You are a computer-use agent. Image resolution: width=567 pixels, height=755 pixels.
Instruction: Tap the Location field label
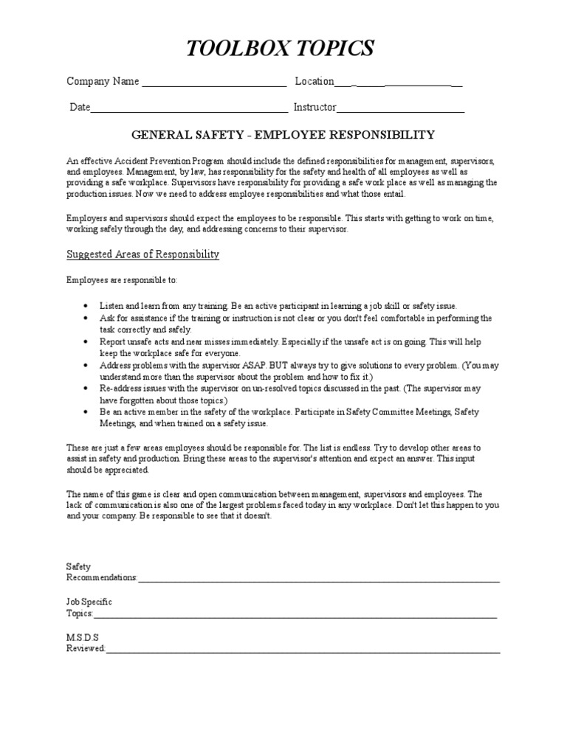point(315,82)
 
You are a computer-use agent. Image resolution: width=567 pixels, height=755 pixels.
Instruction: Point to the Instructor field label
point(315,108)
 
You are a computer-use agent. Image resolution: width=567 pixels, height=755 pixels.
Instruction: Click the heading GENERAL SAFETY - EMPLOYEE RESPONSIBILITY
point(283,135)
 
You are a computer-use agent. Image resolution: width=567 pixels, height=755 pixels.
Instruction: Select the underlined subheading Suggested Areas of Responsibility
point(143,254)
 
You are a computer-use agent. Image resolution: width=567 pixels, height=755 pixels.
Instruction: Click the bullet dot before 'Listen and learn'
point(86,306)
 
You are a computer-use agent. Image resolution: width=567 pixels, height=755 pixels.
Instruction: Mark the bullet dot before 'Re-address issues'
point(86,387)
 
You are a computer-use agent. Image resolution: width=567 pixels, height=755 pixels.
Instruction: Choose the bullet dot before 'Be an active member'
point(86,411)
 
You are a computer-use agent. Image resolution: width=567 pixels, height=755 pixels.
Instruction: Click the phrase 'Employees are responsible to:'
point(122,281)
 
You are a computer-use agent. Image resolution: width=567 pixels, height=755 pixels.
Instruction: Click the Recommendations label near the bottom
point(102,577)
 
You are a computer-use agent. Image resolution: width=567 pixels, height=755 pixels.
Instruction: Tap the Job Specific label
point(89,602)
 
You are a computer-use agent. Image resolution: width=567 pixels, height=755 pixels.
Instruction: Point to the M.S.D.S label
point(83,636)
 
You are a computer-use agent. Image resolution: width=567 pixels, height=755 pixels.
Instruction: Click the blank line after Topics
point(295,616)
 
